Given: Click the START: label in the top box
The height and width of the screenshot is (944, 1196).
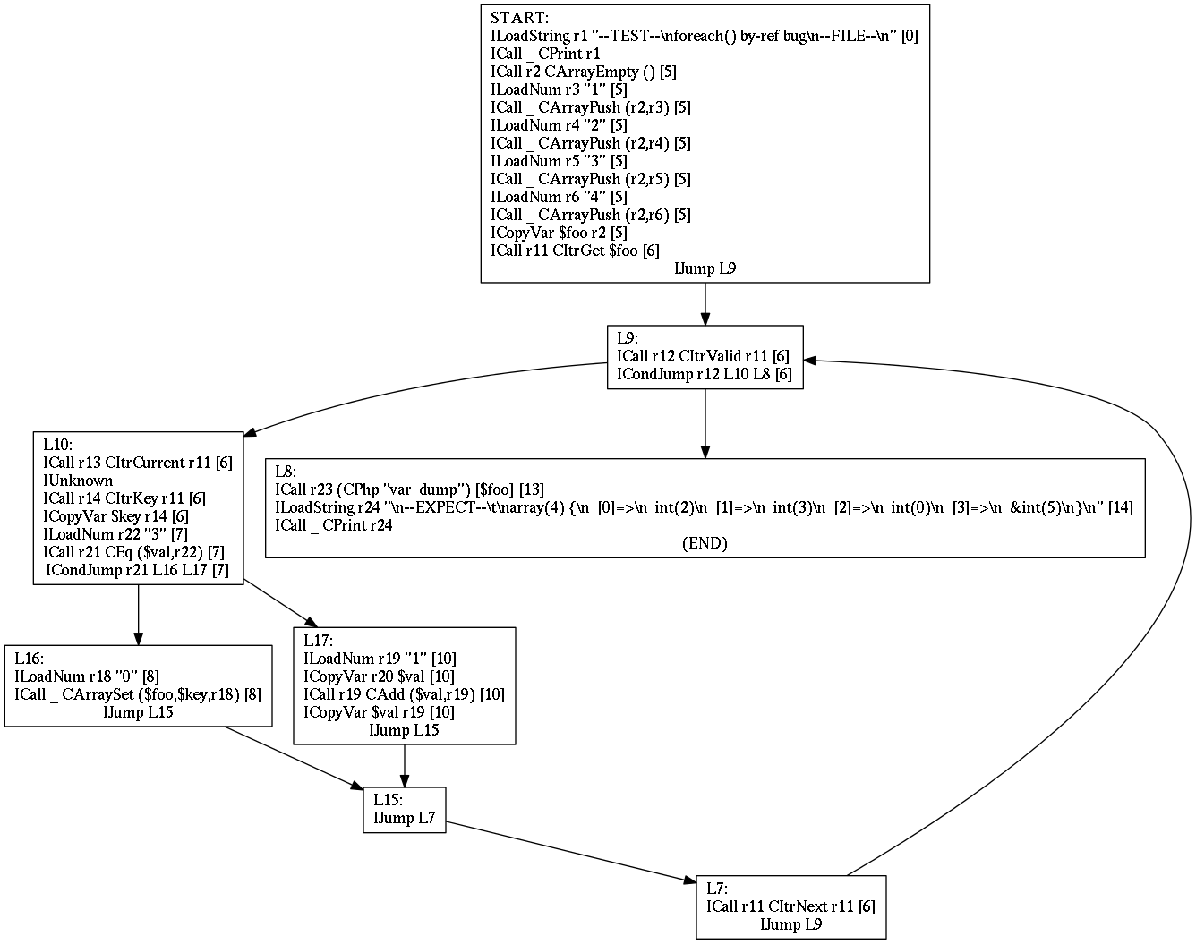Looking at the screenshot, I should (520, 18).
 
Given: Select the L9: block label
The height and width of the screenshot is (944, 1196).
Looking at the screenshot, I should (627, 338).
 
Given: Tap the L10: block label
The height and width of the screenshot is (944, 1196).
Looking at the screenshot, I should (57, 445).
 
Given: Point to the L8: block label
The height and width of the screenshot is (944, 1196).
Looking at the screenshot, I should (286, 472).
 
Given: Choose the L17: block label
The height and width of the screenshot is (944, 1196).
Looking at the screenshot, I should (318, 641).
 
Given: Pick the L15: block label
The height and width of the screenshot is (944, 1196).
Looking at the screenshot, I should (388, 800).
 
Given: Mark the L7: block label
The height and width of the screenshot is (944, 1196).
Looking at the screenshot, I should (717, 889).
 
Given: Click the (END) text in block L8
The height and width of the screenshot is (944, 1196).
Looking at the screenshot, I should (705, 543).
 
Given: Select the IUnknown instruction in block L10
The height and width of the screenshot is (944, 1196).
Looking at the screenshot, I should (78, 481).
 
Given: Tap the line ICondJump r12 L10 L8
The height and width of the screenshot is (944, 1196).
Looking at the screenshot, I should (705, 374).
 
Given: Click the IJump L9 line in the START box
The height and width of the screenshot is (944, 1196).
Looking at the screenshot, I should (705, 268).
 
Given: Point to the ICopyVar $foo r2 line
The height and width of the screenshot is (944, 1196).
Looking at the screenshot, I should (559, 233).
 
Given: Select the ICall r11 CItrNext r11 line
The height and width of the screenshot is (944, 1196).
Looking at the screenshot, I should (790, 906).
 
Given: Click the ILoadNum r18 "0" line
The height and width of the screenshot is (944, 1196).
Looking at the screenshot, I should (87, 676).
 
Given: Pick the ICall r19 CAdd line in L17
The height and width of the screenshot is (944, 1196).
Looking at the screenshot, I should (404, 694).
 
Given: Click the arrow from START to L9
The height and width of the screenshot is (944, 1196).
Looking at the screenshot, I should (705, 304).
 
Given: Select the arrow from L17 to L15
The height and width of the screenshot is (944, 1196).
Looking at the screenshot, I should (405, 766).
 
